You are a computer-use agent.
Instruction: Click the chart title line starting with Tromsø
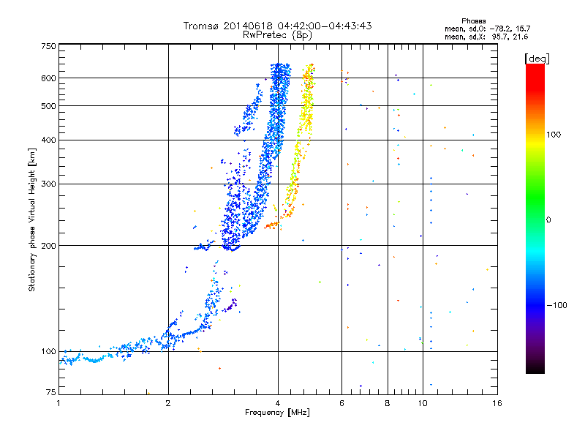point(278,26)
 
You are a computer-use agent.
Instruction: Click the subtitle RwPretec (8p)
point(278,34)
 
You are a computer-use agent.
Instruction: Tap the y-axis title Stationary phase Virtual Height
point(32,219)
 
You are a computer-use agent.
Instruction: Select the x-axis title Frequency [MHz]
point(277,413)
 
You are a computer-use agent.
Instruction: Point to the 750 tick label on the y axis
point(49,46)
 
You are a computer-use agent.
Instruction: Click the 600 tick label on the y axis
point(49,78)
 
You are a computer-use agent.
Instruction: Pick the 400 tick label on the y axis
point(49,140)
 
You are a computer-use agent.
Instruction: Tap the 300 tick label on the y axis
point(49,184)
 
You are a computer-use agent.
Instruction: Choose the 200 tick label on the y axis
point(49,245)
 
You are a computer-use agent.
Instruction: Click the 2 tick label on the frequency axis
point(168,403)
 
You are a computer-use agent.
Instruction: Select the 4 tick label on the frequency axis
point(278,403)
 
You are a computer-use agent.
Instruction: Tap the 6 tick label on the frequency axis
point(341,403)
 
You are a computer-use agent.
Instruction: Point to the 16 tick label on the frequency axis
point(496,403)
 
